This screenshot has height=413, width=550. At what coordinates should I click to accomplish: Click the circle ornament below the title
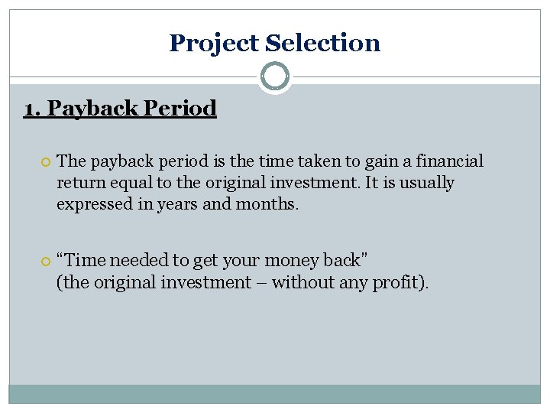[274, 76]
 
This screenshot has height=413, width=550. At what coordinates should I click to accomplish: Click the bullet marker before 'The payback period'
[44, 162]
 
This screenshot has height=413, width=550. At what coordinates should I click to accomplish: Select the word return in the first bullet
[79, 184]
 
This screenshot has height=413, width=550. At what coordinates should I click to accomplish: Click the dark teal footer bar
[274, 393]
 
